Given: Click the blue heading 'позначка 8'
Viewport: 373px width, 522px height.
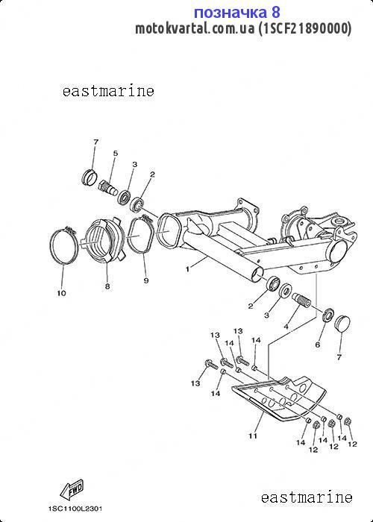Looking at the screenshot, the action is (x=236, y=13).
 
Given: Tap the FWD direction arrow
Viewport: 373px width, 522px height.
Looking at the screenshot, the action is (x=72, y=489).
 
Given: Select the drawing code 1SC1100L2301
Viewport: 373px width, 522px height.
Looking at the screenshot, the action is (x=75, y=509).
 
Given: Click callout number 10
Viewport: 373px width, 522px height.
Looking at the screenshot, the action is (x=62, y=293).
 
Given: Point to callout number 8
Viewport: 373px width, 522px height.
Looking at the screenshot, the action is (x=107, y=286).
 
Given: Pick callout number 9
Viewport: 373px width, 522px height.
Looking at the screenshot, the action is (x=146, y=280).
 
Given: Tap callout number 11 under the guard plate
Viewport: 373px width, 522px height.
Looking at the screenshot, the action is (x=253, y=435).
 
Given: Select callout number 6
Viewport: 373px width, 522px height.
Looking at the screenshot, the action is (x=317, y=345).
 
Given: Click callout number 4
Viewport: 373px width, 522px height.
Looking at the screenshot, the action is (x=286, y=327).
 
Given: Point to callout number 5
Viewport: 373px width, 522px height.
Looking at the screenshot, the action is (x=115, y=153).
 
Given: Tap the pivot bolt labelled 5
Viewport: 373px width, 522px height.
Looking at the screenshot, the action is (x=108, y=188).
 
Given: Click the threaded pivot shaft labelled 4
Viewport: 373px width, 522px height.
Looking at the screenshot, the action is (x=301, y=300).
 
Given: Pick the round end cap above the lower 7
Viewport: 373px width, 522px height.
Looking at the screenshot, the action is (x=342, y=323).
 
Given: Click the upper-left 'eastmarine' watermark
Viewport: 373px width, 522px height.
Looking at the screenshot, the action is (x=108, y=91).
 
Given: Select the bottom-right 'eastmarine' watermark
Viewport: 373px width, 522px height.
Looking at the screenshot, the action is (x=307, y=497).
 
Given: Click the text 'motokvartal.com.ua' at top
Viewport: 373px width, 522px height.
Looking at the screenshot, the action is (x=195, y=28).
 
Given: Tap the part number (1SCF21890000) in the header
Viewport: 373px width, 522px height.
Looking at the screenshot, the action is (x=304, y=28).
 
